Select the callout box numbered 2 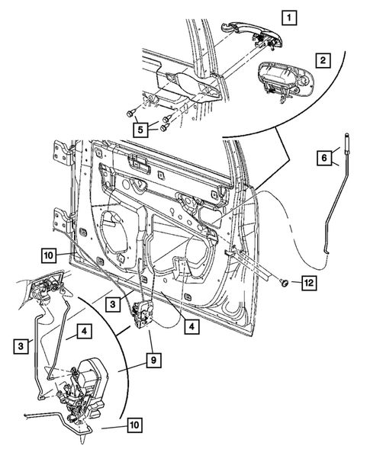coord(323,59)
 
